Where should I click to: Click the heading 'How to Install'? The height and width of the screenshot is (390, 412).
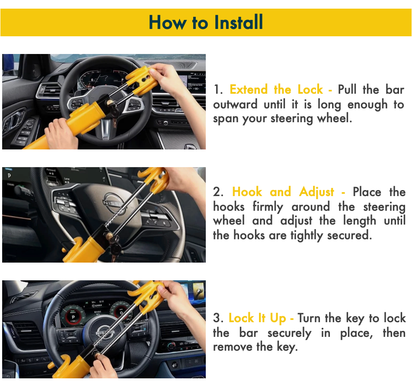click(206, 22)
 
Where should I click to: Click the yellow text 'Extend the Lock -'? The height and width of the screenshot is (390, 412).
click(281, 90)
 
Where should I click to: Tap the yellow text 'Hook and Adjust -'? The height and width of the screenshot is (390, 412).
click(288, 192)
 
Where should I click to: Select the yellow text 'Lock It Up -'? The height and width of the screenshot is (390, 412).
click(261, 318)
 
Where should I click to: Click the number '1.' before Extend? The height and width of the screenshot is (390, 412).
click(218, 90)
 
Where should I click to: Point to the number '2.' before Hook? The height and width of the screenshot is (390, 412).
click(219, 192)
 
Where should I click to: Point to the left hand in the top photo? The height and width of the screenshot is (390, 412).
click(61, 133)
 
